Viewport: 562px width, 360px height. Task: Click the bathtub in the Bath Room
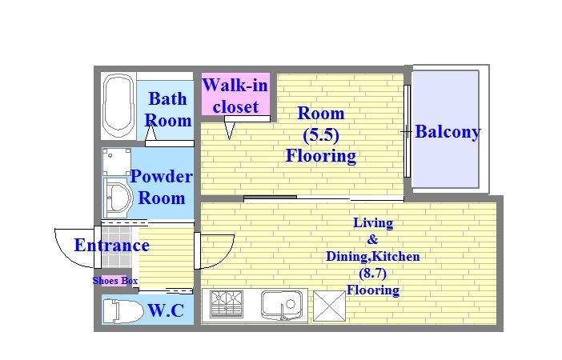pos(118,106)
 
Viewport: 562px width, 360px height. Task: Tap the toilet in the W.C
pos(122,311)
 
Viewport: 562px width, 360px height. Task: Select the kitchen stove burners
pos(227,304)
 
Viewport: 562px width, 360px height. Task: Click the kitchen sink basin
pos(282,305)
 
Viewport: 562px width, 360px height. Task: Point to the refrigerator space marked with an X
pos(329,306)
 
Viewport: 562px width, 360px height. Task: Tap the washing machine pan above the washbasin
pos(116,162)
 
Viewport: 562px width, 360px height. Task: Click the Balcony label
pos(448,132)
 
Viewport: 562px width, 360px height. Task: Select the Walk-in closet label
pos(235,96)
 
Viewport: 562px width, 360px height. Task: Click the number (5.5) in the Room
pos(321,135)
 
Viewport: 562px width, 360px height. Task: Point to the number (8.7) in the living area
pos(373,274)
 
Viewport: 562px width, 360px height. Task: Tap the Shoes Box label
pos(115,281)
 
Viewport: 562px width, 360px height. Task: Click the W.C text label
pos(166,310)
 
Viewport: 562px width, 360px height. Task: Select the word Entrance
pos(112,246)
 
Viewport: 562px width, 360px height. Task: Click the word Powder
pos(161,177)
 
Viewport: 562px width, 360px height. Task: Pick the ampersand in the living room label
pos(372,239)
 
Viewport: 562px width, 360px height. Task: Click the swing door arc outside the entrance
pos(66,254)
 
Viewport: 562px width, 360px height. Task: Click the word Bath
pos(168,99)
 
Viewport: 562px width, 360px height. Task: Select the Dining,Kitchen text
pos(373,257)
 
